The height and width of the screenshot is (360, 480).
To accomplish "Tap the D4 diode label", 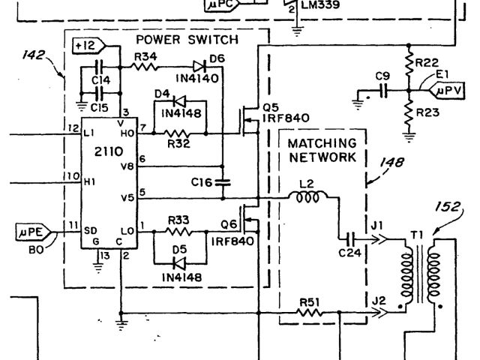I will click(161, 94).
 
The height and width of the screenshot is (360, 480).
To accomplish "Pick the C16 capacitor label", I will click(201, 181).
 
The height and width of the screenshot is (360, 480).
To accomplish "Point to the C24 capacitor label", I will click(349, 253).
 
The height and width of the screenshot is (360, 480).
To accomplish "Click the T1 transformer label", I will click(416, 235).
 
